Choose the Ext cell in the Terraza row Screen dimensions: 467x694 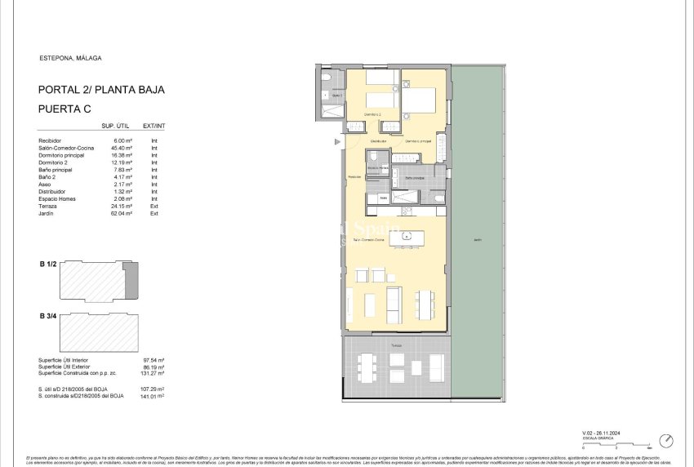tap(153, 207)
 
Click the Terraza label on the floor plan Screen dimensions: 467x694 tap(395, 346)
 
